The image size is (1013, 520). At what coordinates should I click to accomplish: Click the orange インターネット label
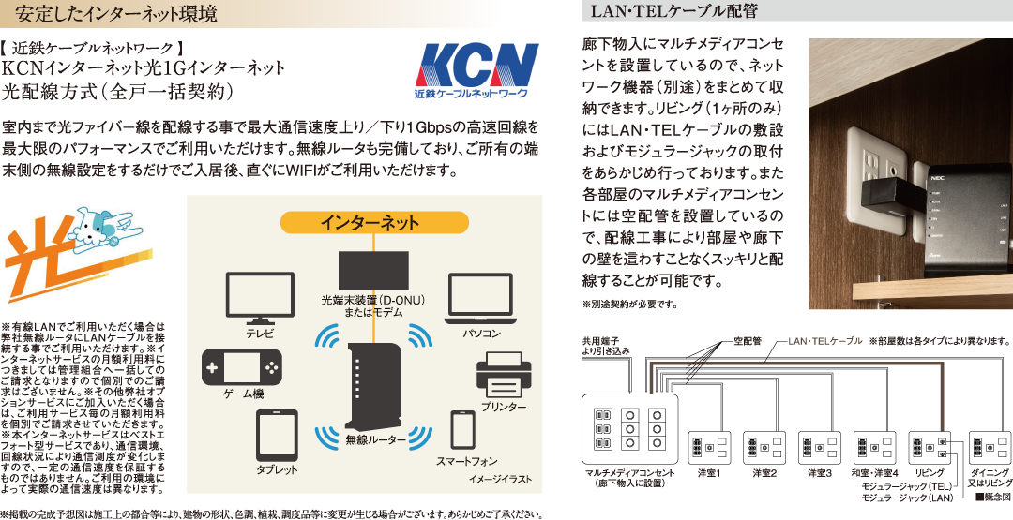coord(369,222)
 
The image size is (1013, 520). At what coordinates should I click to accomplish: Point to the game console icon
coord(241,366)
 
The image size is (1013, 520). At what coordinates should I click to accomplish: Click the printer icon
coord(504,376)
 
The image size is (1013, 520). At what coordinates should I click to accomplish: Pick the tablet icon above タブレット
coord(277,435)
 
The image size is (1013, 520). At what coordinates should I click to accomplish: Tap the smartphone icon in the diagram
coord(463,429)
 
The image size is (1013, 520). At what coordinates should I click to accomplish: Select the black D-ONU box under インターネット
coord(373,270)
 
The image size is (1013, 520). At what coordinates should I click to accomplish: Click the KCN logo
coord(477,71)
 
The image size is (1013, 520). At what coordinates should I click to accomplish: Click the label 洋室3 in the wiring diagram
coord(820,473)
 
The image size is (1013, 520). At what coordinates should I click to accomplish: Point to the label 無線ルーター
coord(375,439)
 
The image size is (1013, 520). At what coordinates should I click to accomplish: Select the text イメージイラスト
coord(499,480)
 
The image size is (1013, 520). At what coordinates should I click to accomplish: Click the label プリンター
coord(504,408)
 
